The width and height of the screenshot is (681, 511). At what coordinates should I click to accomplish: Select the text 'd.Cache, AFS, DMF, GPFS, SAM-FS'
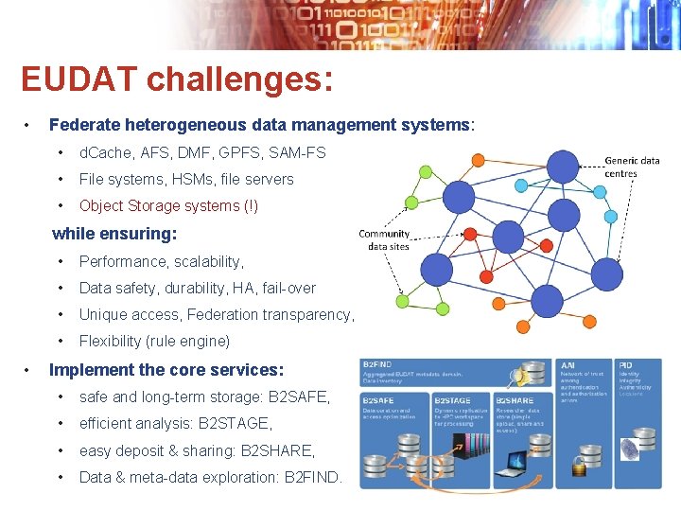point(202,152)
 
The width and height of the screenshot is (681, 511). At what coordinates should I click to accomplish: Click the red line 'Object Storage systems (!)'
point(168,205)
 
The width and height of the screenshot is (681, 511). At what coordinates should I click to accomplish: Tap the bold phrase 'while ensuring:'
point(114,233)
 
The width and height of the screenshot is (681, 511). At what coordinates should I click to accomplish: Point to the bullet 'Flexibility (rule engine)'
point(154,341)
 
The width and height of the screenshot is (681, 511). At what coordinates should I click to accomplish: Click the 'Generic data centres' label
point(632,167)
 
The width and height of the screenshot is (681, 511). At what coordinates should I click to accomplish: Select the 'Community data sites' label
point(384,239)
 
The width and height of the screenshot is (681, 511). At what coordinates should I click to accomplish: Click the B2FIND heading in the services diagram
point(380,364)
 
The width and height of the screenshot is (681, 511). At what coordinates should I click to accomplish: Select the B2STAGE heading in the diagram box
point(452,400)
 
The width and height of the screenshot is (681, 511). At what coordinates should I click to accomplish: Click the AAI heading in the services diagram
point(567,364)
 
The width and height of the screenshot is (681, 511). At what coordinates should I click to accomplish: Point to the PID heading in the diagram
point(625,364)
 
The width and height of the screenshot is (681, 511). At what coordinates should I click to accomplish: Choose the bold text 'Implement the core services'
point(166,370)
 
